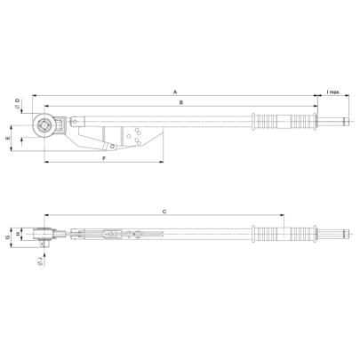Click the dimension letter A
click(x=175, y=92)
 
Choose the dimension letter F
click(x=104, y=158)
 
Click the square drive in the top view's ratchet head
click(x=44, y=124)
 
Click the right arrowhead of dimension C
click(x=279, y=217)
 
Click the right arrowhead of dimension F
click(x=160, y=163)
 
